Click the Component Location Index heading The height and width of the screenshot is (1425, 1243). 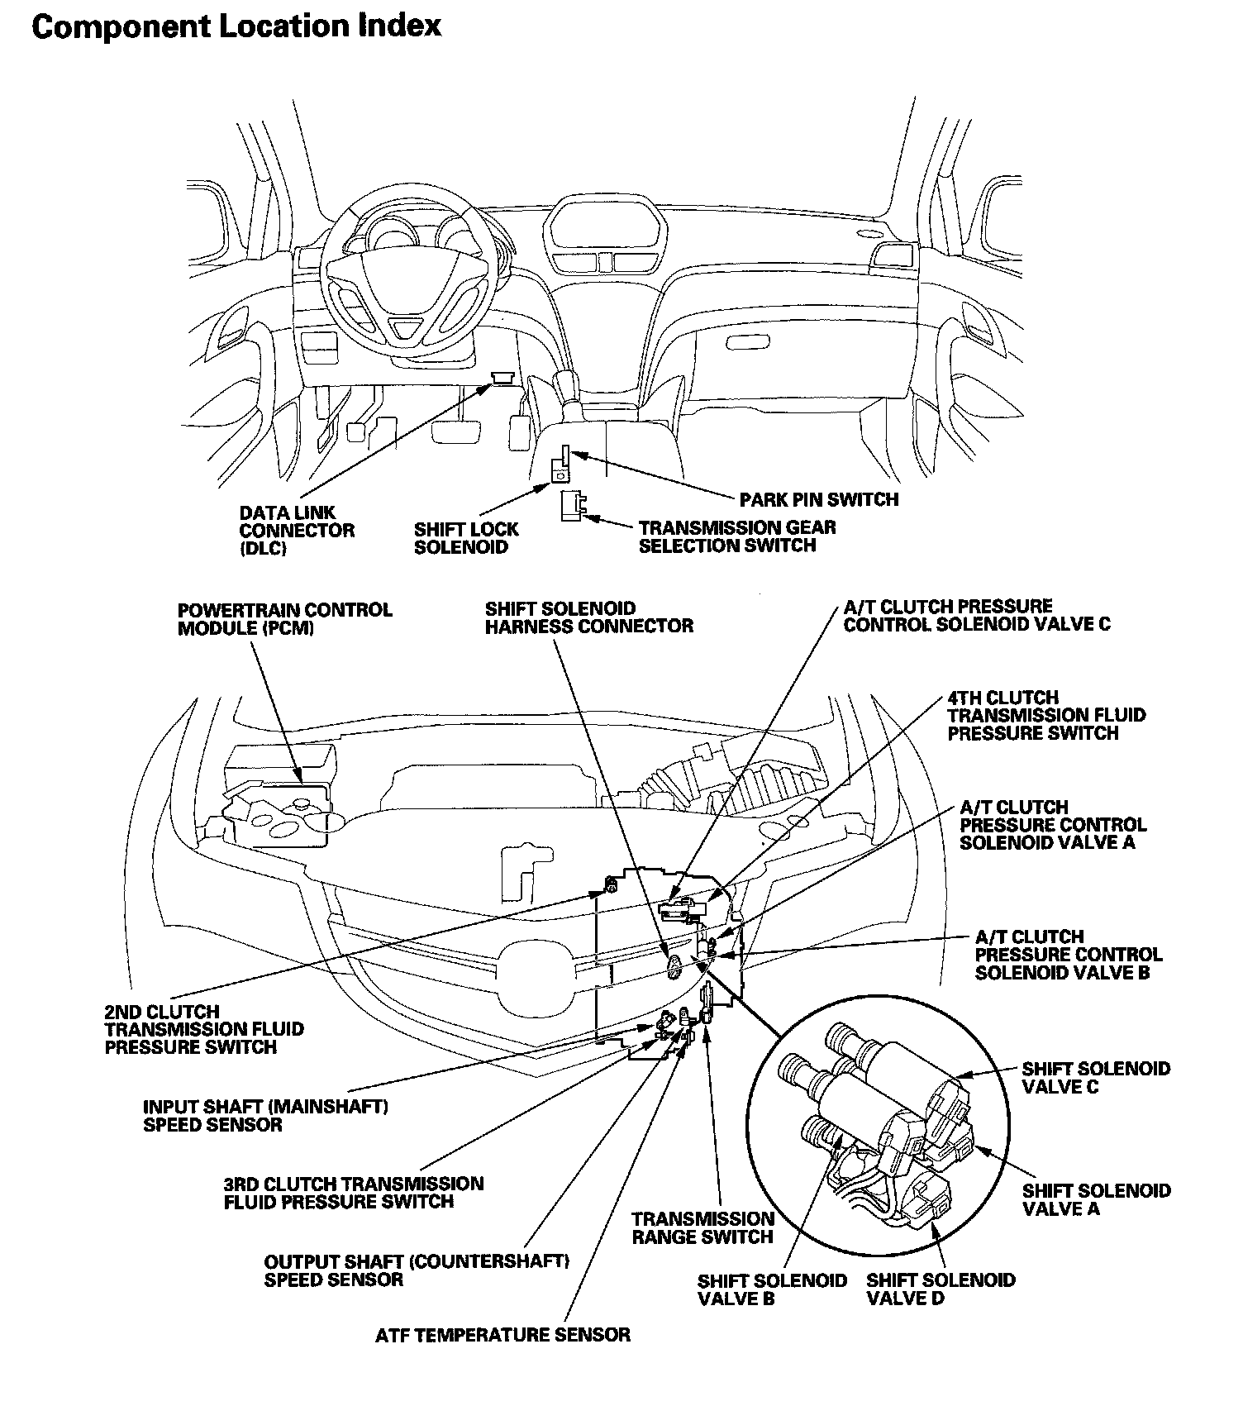(236, 26)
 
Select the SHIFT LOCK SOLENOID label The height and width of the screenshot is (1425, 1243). (465, 538)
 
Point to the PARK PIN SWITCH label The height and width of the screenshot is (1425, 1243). (818, 499)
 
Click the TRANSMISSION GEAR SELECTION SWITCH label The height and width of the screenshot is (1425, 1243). (736, 536)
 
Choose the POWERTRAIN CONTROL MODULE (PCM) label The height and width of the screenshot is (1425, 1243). (284, 619)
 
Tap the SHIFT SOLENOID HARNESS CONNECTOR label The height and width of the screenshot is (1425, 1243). (588, 617)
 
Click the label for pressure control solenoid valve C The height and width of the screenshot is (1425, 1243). (976, 616)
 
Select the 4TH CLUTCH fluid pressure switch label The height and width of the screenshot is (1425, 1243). (1045, 715)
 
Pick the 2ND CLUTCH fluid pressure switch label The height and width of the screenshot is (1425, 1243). (203, 1029)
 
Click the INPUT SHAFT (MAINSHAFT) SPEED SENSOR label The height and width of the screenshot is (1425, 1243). (265, 1115)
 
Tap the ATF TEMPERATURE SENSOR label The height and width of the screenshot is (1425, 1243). (502, 1335)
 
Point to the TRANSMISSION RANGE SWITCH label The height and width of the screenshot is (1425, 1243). (702, 1227)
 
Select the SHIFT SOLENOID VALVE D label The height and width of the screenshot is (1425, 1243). (941, 1289)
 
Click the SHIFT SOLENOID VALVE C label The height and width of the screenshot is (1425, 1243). (1095, 1078)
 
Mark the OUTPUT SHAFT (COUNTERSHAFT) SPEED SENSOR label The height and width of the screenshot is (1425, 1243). (417, 1270)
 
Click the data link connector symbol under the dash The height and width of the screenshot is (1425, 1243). (502, 377)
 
